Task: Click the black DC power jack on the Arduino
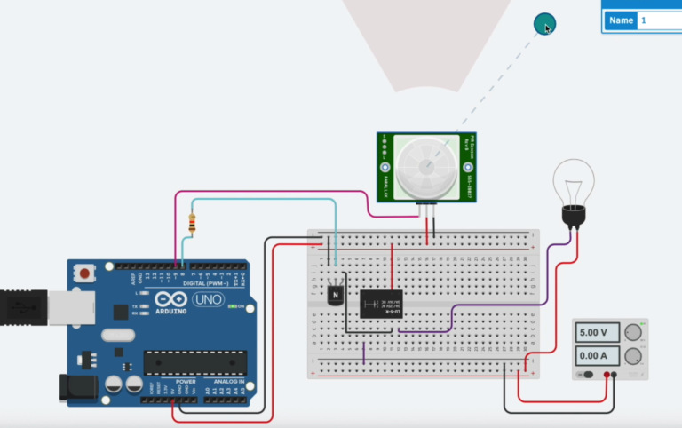77,388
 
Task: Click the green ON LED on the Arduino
231,306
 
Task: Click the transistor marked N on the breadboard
335,292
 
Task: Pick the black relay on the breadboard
381,304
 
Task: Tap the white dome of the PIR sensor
424,167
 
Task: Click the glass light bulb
573,184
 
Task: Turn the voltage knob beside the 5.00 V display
632,333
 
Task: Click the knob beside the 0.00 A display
632,357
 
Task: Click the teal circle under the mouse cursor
543,24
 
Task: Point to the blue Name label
620,20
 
